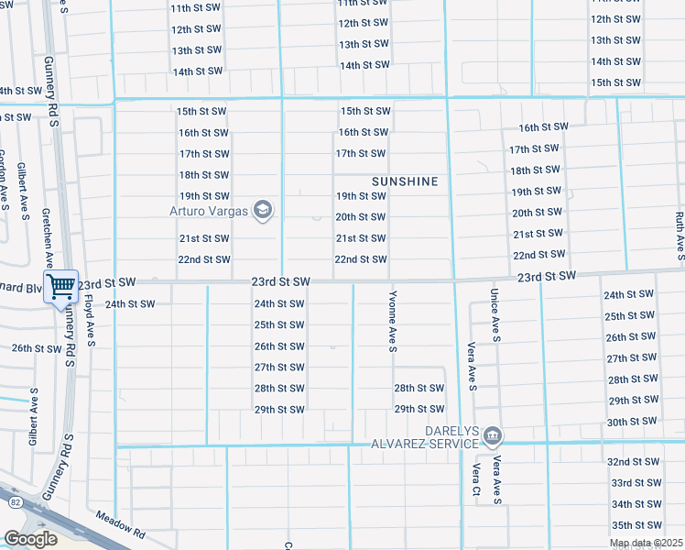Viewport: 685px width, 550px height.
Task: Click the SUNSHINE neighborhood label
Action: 405,181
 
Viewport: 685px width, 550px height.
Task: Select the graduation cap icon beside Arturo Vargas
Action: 264,211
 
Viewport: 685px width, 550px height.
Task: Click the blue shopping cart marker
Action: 60,286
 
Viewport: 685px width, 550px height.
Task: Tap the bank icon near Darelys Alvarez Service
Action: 493,434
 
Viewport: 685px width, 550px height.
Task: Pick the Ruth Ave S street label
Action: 679,233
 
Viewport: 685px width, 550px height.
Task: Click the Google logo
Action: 30,539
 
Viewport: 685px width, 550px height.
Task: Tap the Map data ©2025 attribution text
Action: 647,544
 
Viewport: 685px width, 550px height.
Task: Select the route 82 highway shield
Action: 14,501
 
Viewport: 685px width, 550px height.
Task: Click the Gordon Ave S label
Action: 4,180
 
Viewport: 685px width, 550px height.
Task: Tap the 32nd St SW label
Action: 635,462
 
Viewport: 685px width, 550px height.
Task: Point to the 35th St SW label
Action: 635,525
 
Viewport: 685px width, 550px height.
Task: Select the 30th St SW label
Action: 631,422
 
